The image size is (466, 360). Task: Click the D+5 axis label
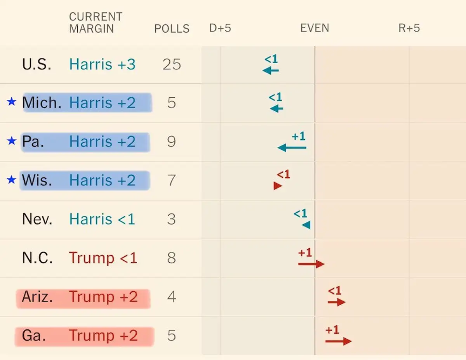click(x=220, y=28)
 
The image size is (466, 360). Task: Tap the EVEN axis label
click(x=315, y=28)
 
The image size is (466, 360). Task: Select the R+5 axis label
click(x=409, y=28)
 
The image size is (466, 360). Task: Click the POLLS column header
click(x=172, y=29)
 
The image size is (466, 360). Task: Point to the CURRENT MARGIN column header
click(x=96, y=23)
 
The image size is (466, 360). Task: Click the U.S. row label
click(x=37, y=64)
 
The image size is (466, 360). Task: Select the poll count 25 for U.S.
click(x=172, y=64)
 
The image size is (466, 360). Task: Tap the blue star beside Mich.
click(x=12, y=102)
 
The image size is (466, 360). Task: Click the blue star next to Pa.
click(x=12, y=141)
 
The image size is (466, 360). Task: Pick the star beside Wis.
click(x=12, y=180)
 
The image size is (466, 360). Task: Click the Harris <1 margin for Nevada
click(x=102, y=220)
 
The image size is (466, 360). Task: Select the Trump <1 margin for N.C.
click(x=103, y=258)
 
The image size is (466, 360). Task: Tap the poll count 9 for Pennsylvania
click(x=172, y=142)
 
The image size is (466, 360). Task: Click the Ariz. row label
click(x=37, y=297)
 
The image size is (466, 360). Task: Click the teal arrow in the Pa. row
click(x=292, y=148)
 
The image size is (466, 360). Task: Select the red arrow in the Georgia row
click(x=338, y=341)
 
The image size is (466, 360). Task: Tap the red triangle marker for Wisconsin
click(x=278, y=186)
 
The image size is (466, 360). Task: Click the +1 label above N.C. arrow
click(x=305, y=253)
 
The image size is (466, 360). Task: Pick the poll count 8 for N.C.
click(x=172, y=258)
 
